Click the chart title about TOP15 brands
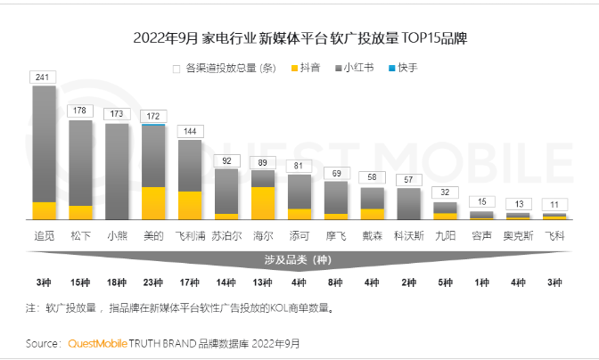[x=299, y=39]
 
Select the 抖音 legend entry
[x=305, y=68]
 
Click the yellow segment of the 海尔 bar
[x=263, y=202]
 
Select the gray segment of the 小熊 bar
[x=117, y=170]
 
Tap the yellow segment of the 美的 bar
[x=153, y=202]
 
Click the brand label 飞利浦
[x=190, y=236]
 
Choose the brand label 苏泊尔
[x=226, y=236]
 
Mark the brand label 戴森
[x=373, y=236]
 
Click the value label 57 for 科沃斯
[x=409, y=179]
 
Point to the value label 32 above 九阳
[x=446, y=192]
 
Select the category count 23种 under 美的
[x=153, y=282]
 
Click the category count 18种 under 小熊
[x=117, y=282]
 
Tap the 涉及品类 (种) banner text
[x=299, y=259]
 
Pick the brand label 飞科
[x=554, y=236]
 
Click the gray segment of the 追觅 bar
[x=44, y=143]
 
